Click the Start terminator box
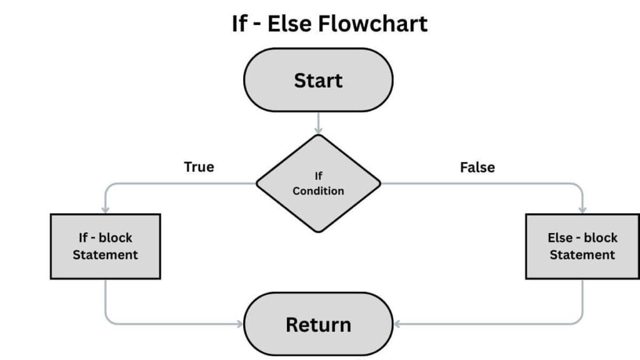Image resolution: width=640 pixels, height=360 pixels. pyautogui.click(x=318, y=81)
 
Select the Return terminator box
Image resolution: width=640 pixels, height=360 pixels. pyautogui.click(x=318, y=324)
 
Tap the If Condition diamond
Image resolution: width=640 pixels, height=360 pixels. pyautogui.click(x=318, y=184)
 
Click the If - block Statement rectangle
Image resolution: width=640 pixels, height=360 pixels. pyautogui.click(x=105, y=246)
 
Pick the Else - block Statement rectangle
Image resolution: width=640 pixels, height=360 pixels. pyautogui.click(x=582, y=246)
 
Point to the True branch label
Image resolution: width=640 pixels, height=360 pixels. pyautogui.click(x=199, y=167)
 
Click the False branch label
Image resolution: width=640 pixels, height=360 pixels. pyautogui.click(x=477, y=167)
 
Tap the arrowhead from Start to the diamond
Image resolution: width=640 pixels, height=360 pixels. pyautogui.click(x=318, y=131)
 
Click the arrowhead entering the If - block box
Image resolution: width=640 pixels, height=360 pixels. pyautogui.click(x=105, y=209)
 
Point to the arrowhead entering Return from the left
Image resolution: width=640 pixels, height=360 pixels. pyautogui.click(x=240, y=324)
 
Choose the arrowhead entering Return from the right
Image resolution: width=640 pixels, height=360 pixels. pyautogui.click(x=397, y=324)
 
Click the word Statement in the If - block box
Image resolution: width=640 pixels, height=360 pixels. pyautogui.click(x=105, y=255)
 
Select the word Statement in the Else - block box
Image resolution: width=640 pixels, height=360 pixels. pyautogui.click(x=582, y=255)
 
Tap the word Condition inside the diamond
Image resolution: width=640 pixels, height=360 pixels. pyautogui.click(x=318, y=191)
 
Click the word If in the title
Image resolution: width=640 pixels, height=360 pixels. pyautogui.click(x=239, y=24)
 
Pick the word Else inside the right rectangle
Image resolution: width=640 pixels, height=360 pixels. pyautogui.click(x=561, y=237)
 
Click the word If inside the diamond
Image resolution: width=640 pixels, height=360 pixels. pyautogui.click(x=318, y=177)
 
